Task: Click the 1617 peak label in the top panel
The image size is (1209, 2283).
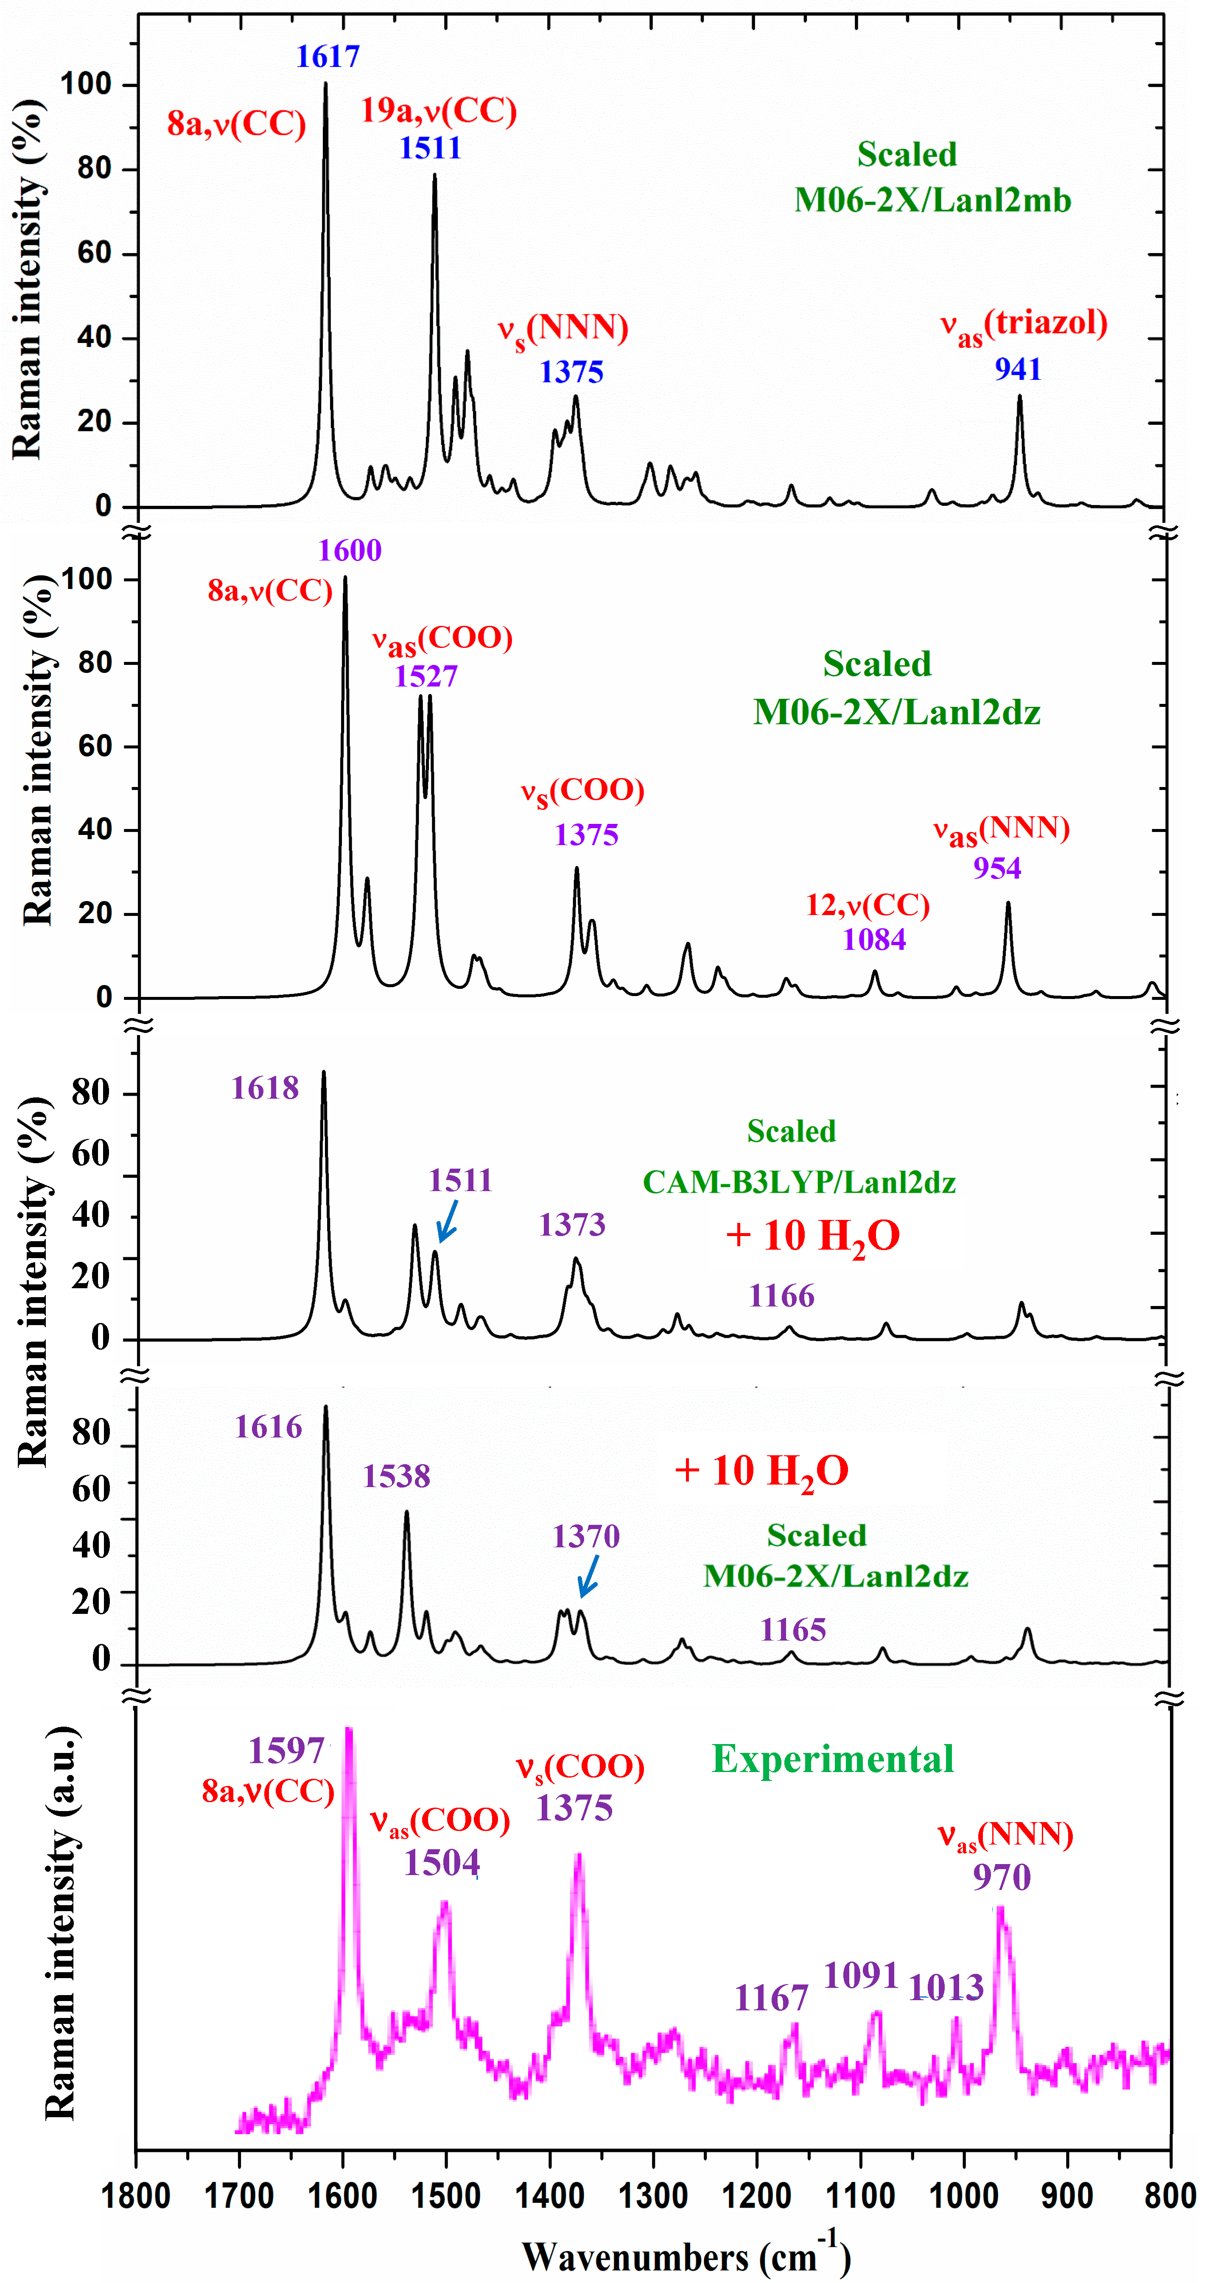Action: [x=328, y=57]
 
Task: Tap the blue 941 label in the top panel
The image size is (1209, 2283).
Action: [x=1018, y=370]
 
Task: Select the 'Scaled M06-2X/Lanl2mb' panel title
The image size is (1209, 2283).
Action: [x=932, y=177]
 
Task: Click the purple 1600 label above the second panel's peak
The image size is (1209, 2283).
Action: [x=350, y=551]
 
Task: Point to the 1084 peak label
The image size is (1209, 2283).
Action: [x=874, y=939]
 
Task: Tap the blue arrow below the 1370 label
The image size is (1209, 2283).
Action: [x=588, y=1577]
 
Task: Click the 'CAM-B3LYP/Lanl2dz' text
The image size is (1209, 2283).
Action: [x=799, y=1182]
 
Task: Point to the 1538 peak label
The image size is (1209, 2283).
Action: [x=396, y=1476]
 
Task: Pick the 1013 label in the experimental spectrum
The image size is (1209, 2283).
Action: [x=946, y=1988]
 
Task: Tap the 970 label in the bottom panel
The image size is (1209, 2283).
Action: [x=1002, y=1877]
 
